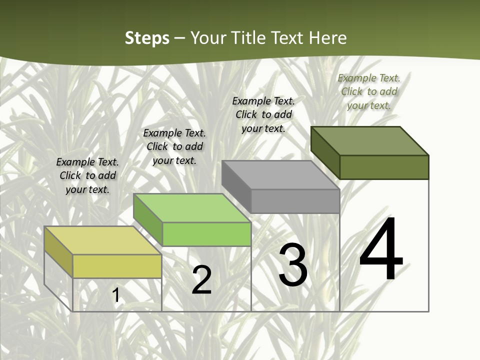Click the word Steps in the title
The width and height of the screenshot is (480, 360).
tap(147, 38)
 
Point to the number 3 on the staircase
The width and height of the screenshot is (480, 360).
tap(293, 264)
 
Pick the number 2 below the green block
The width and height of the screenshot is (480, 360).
tap(201, 280)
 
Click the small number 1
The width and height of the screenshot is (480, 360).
tap(116, 295)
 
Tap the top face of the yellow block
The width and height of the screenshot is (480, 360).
tap(103, 240)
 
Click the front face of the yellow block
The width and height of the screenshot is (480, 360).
tap(117, 266)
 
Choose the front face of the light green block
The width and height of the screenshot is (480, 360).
tap(206, 234)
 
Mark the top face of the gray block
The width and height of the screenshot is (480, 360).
tap(280, 175)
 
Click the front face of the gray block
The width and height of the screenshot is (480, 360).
tap(295, 201)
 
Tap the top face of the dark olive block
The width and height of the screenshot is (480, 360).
tap(369, 141)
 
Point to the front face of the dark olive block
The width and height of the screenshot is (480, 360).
tap(384, 167)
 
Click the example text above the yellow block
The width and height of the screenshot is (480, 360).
tap(87, 175)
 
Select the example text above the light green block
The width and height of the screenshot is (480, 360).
tap(174, 146)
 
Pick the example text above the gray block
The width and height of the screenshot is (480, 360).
tap(263, 114)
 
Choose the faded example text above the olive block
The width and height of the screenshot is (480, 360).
tap(369, 91)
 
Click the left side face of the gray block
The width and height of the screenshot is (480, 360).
tap(236, 186)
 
